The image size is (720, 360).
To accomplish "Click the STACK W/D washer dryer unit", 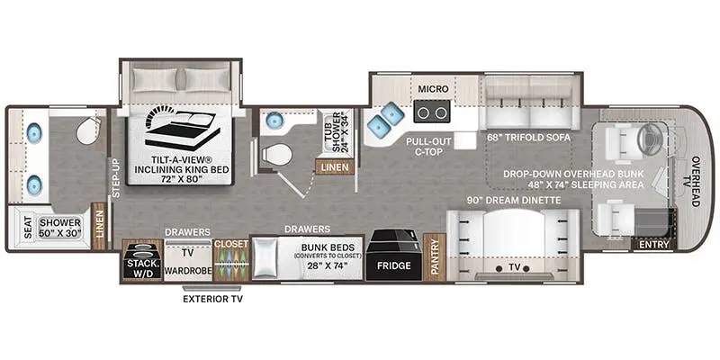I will (140, 260).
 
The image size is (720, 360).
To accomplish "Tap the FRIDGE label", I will (392, 265).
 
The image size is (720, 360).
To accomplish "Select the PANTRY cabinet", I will (434, 257).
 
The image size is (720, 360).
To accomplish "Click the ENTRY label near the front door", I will (652, 244).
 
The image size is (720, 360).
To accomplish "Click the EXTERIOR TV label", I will (213, 298).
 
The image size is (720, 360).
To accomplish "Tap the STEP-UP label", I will (114, 176).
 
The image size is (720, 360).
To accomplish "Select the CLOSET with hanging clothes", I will (229, 260).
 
